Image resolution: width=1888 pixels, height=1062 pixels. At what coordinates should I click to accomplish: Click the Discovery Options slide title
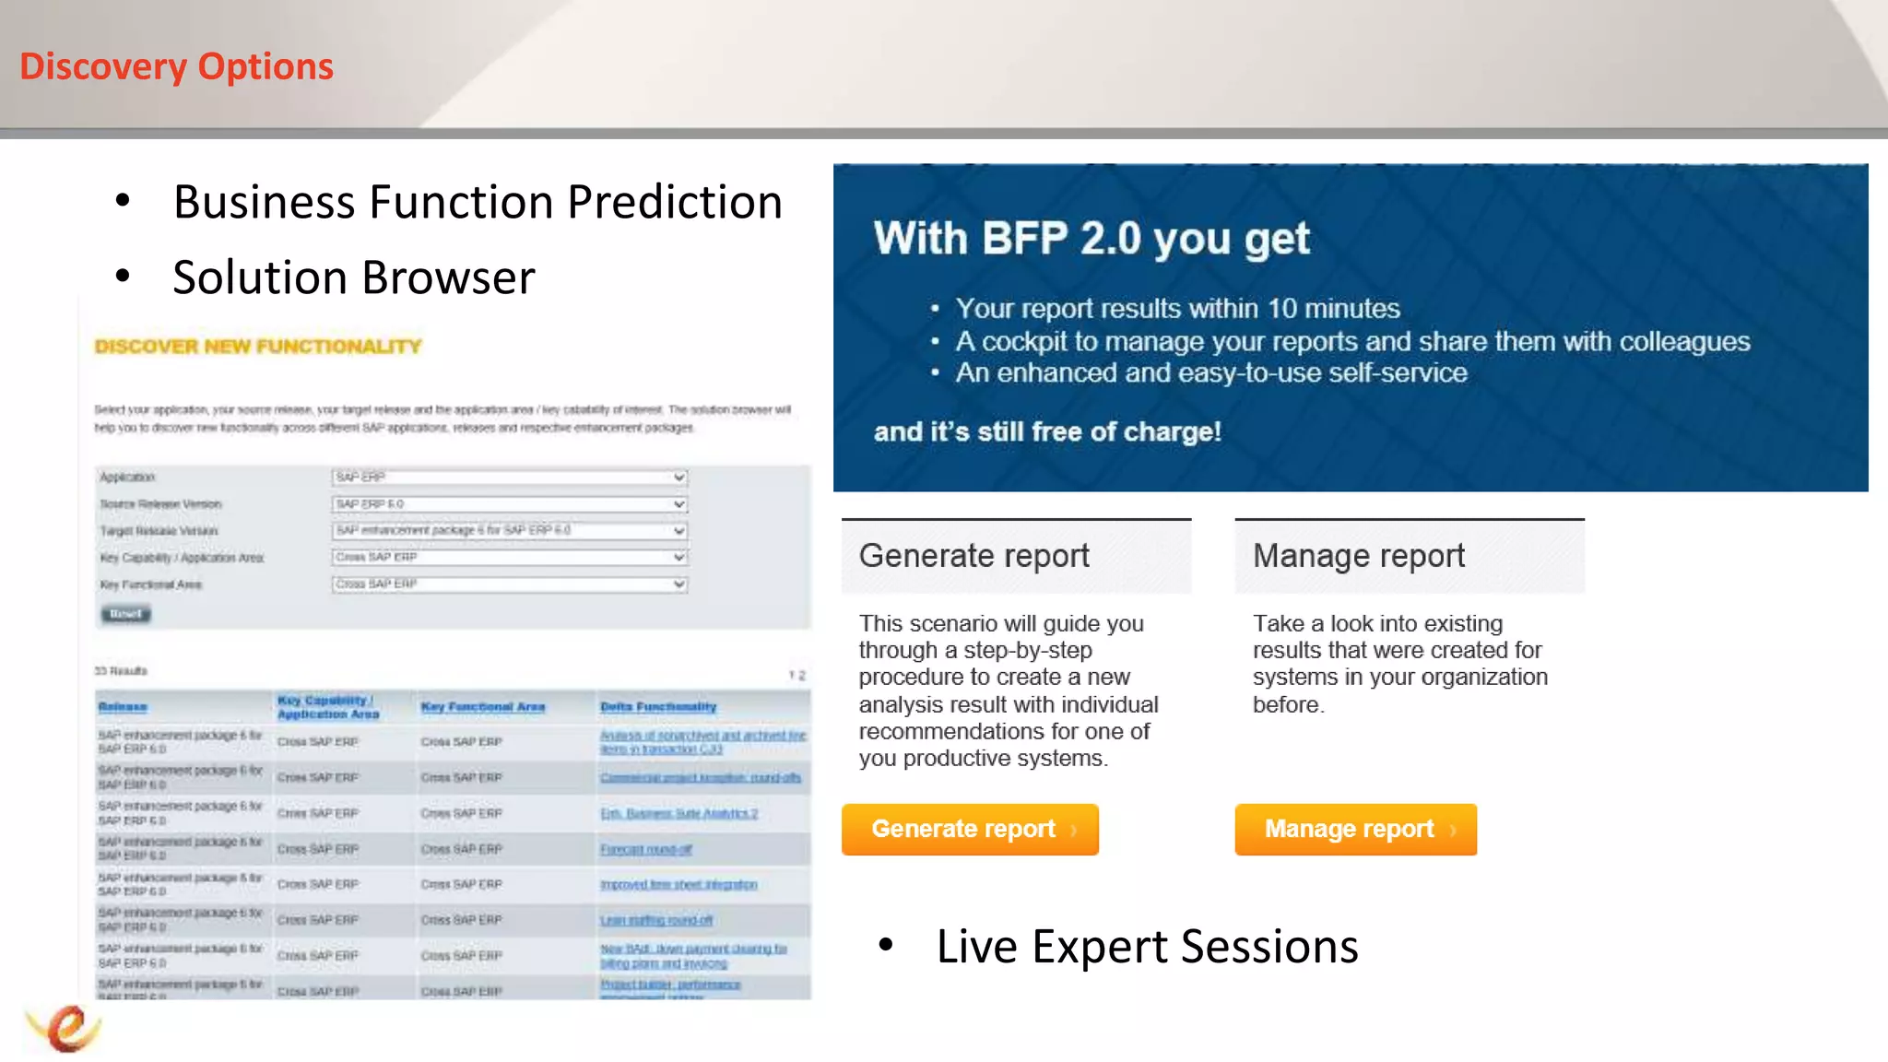[176, 66]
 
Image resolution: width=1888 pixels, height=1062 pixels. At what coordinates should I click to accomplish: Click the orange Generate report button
[969, 829]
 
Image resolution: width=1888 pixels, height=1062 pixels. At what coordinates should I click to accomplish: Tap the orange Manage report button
[1354, 829]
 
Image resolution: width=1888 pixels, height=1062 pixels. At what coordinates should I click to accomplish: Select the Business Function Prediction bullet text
[477, 202]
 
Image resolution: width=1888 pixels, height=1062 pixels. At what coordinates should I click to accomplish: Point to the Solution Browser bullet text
[353, 277]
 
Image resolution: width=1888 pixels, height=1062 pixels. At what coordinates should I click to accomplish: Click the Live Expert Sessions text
[1147, 947]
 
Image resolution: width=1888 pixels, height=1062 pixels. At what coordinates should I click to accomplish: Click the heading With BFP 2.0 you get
[1091, 239]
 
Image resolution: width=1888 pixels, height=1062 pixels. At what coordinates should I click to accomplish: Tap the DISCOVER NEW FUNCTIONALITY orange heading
[257, 347]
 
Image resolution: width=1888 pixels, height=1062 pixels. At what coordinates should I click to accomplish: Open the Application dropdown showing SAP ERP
[509, 478]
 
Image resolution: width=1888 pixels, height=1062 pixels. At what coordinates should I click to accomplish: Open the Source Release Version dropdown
[509, 504]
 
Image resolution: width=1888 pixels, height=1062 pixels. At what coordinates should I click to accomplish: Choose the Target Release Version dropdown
[509, 531]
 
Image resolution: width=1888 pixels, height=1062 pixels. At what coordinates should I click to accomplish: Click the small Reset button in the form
[125, 614]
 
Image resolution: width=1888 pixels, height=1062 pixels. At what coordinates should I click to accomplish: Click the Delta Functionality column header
[657, 707]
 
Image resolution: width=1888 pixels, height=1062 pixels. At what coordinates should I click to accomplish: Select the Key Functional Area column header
[482, 707]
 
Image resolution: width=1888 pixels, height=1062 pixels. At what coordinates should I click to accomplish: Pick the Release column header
[123, 707]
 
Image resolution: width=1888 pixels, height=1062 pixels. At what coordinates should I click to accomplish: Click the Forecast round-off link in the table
[645, 849]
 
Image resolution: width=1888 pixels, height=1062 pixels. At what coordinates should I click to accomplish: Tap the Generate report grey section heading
[973, 556]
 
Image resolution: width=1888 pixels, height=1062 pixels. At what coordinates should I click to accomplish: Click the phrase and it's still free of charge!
[1047, 431]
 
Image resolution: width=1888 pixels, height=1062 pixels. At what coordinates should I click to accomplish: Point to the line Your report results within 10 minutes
[1176, 308]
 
